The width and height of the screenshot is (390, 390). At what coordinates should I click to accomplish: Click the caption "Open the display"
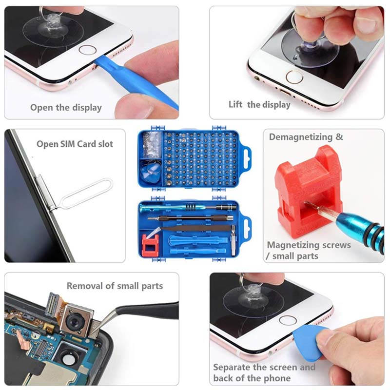pos(66,108)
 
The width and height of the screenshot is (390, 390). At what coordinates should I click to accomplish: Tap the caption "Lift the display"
pos(259,105)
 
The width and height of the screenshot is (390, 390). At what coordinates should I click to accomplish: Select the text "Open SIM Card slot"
pos(75,144)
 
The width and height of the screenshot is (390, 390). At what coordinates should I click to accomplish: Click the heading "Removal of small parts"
pos(115,286)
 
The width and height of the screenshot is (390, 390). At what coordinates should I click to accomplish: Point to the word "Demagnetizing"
pos(301,137)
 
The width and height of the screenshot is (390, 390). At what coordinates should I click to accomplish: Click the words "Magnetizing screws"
pos(309,245)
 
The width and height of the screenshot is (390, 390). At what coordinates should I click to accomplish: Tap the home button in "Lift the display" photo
pos(294,77)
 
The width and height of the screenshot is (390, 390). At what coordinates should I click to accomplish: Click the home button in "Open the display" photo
pos(88,50)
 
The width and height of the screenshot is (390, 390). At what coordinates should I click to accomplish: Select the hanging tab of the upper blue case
pos(246,159)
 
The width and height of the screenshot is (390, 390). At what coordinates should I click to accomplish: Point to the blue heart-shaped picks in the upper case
pos(151,172)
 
